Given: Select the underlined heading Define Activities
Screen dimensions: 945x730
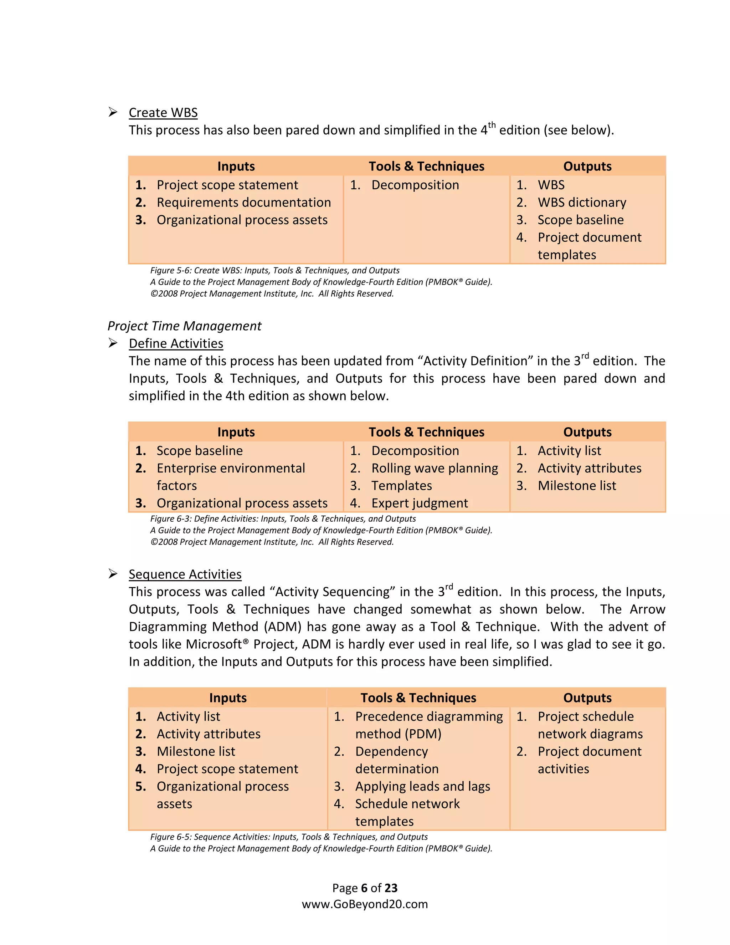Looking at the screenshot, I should pos(176,343).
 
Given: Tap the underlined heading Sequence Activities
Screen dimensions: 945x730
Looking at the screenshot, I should pos(185,574).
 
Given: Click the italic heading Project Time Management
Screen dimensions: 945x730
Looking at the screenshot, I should pos(184,326).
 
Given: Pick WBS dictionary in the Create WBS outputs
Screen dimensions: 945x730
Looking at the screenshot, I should pos(582,203).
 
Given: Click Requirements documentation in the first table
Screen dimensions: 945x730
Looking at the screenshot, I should pos(243,203).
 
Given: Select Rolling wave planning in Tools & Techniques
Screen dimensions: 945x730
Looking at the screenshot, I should pos(434,468).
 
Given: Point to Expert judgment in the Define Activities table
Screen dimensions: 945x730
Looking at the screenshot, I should pos(420,503).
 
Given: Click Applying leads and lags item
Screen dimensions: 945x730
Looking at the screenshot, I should pos(422,786).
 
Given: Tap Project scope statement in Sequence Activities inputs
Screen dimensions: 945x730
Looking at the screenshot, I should pos(227,769).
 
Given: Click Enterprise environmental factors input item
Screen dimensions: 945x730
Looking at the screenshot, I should pos(231,469).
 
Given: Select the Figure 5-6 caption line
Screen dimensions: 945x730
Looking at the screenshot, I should pos(274,270).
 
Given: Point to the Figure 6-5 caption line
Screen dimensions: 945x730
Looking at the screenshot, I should pos(288,837).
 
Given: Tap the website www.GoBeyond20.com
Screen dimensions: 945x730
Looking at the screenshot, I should pos(365,904).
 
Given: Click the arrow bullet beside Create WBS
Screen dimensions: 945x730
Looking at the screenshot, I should pos(113,112).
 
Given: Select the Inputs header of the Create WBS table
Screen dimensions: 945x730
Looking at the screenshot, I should pos(236,166).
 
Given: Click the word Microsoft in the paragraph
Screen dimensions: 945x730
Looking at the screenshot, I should pos(213,644).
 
